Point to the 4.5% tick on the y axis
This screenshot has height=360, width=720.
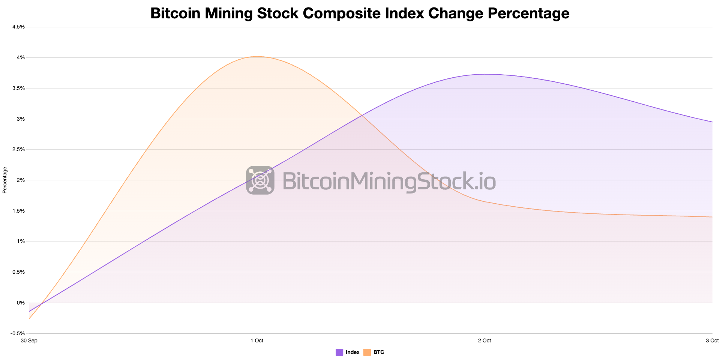tap(19, 27)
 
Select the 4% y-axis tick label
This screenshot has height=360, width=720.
tap(21, 58)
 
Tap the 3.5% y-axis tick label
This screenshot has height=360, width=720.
tap(19, 88)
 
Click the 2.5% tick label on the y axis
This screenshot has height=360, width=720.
tap(19, 150)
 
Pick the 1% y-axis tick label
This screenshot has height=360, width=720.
tap(21, 241)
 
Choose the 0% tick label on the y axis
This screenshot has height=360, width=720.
tap(21, 303)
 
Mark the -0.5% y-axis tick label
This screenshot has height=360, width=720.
tap(18, 333)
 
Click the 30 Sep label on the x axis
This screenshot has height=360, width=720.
tap(29, 340)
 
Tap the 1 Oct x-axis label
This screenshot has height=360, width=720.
tap(257, 340)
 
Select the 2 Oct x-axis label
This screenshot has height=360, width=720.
tap(484, 340)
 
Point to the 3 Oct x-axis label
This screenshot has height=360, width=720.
tap(712, 340)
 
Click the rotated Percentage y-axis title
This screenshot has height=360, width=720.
tap(5, 180)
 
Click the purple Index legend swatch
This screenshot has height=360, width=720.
tap(339, 352)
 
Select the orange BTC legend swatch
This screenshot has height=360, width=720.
tap(367, 352)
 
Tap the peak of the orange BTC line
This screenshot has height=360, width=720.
tap(257, 57)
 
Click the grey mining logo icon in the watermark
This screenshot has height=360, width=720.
tap(260, 180)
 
